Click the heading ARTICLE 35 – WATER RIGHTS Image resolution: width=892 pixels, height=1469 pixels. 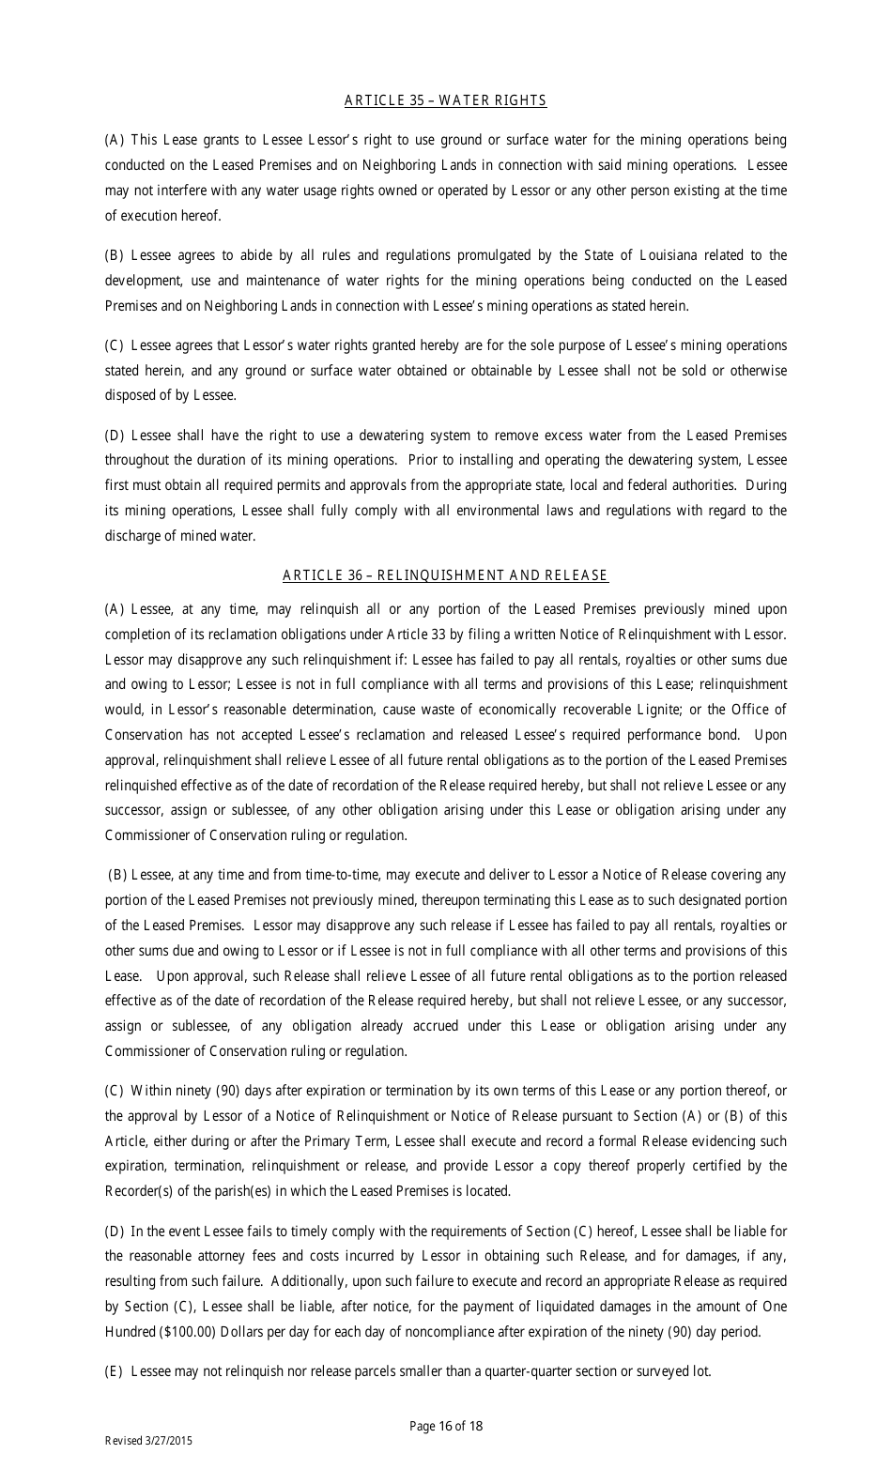tap(445, 100)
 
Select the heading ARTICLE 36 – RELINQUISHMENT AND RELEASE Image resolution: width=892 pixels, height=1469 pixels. tap(445, 575)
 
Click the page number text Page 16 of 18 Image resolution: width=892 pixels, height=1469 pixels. tap(446, 1426)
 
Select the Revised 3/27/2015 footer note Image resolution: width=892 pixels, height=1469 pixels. tap(148, 1441)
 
